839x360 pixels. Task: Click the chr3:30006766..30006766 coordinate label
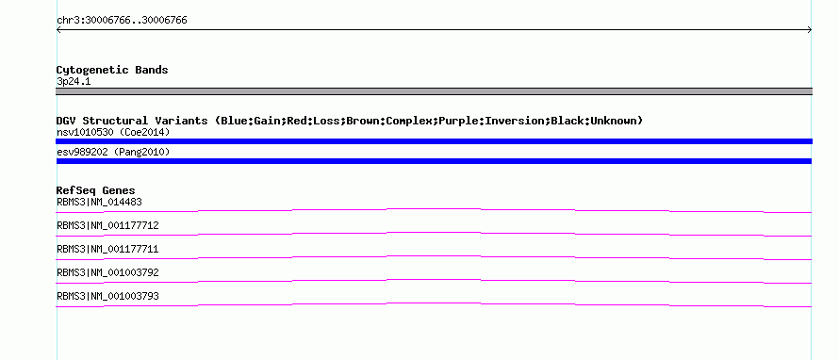click(x=122, y=21)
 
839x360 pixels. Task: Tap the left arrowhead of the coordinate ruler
click(x=58, y=30)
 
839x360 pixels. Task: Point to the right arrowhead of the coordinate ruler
click(x=810, y=30)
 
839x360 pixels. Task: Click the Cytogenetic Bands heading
click(x=112, y=70)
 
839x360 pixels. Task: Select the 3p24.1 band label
click(x=74, y=82)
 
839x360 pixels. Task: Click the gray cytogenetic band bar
click(x=434, y=91)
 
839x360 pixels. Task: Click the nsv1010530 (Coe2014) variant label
click(x=113, y=132)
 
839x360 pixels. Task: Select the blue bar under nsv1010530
click(x=434, y=141)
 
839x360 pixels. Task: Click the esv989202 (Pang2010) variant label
click(x=113, y=153)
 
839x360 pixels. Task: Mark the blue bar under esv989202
click(x=434, y=161)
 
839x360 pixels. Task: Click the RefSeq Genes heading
click(x=96, y=190)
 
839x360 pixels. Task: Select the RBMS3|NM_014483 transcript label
click(x=99, y=203)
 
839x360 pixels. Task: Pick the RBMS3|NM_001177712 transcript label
click(x=107, y=226)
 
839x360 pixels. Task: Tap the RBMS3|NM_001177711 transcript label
click(x=107, y=250)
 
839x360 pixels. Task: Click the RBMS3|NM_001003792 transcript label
click(x=107, y=272)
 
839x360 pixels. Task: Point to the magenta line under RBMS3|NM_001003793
click(x=434, y=303)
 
